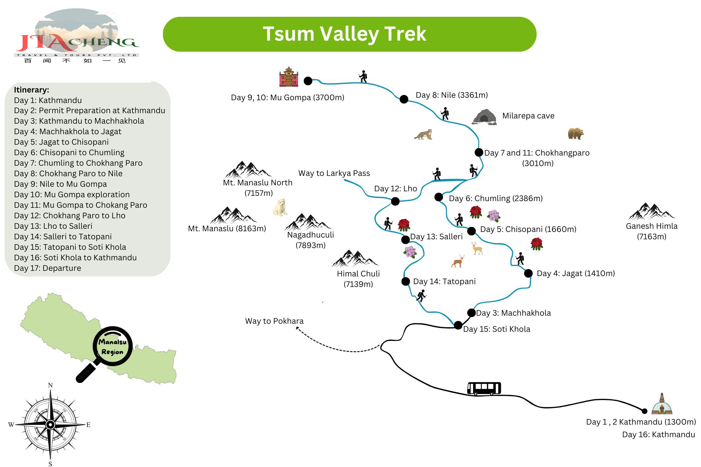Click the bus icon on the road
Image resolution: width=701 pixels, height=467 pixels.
coord(484,389)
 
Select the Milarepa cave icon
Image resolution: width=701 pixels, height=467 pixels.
coord(484,117)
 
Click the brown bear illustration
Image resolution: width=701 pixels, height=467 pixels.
coord(576,133)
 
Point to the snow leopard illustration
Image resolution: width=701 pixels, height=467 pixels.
coord(423,135)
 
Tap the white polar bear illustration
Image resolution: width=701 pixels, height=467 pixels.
coord(280,207)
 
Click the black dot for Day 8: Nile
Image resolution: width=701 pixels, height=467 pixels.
coord(404,99)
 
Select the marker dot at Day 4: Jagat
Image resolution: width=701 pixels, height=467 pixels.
coord(528,273)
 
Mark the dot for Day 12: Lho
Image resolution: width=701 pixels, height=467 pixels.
coord(395,201)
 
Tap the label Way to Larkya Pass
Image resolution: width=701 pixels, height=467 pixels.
coord(334,173)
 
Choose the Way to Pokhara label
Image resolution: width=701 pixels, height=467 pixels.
coord(274,321)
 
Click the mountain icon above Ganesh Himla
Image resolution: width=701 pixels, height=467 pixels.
coord(652,211)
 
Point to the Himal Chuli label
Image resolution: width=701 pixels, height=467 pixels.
coord(358,274)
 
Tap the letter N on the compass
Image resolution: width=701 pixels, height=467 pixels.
coord(50,385)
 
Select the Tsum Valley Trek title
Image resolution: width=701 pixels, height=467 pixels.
coord(345,34)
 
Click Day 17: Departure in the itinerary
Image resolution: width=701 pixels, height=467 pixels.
coord(47,268)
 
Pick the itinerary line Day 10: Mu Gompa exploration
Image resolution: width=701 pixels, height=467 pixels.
coord(72,194)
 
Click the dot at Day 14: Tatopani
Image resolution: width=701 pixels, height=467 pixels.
coord(406,281)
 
